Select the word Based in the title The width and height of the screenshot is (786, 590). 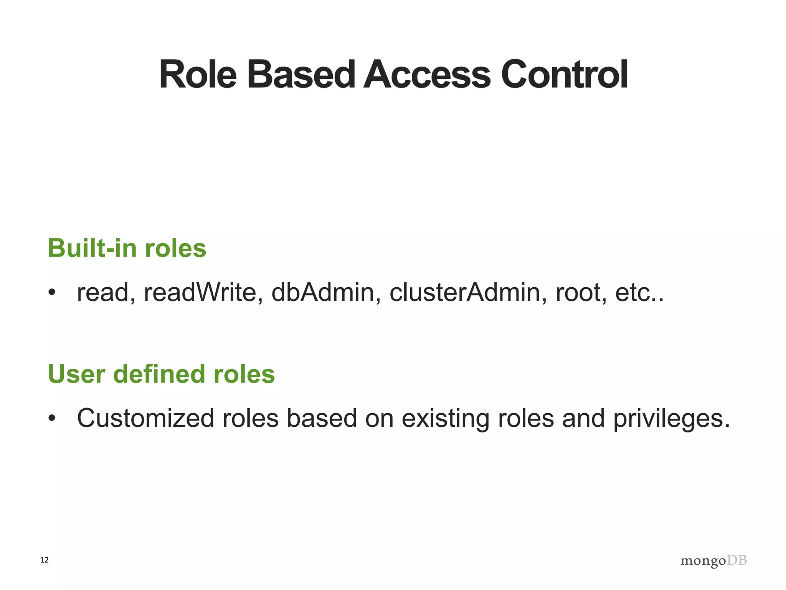301,75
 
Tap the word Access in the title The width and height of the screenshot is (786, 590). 427,75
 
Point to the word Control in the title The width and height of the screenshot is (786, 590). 564,75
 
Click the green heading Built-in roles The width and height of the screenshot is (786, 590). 127,248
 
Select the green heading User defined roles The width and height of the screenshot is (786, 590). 161,374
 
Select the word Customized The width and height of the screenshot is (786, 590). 145,418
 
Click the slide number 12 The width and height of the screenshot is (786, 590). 45,560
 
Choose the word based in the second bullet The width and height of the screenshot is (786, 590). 322,418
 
